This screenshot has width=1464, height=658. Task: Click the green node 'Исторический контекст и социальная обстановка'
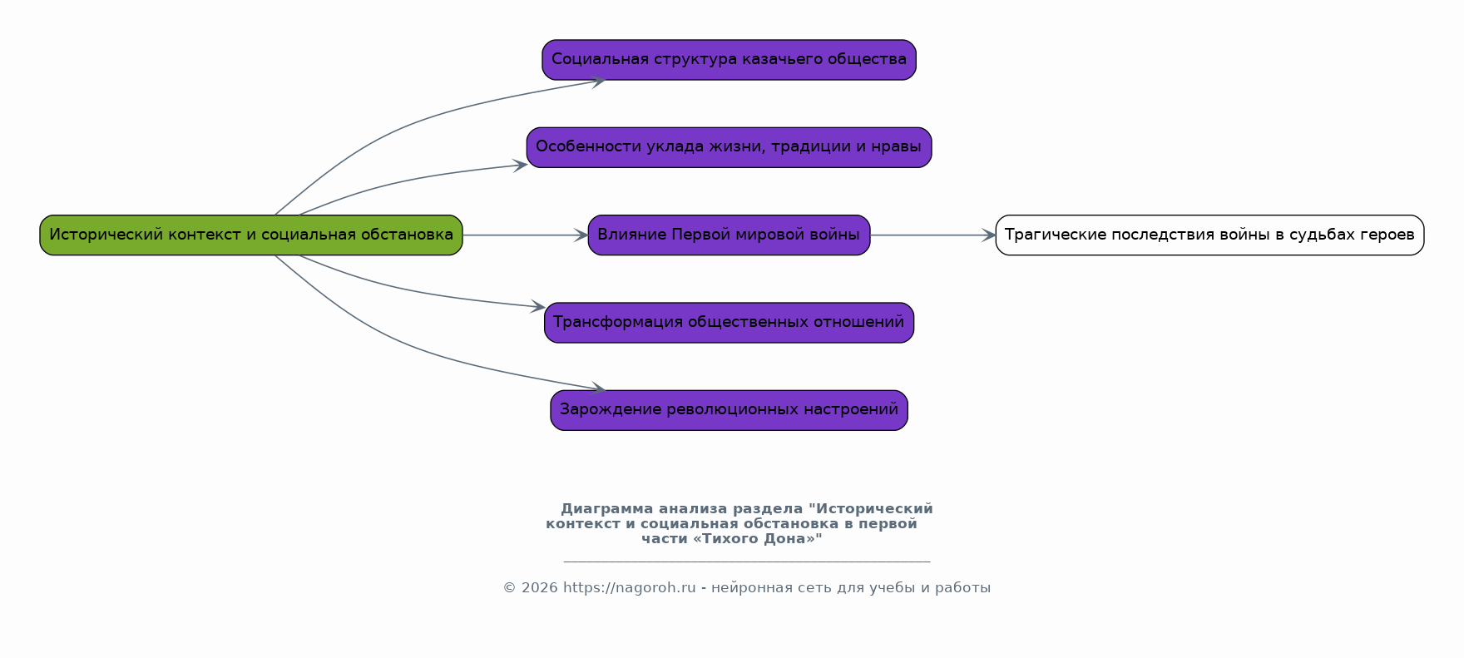250,235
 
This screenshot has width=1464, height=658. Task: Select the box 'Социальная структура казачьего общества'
729,60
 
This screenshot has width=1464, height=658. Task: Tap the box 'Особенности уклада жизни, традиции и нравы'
729,147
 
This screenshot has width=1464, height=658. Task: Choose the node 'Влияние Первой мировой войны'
729,235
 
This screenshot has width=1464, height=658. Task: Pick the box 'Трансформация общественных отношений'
729,323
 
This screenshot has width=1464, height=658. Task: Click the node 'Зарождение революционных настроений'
729,410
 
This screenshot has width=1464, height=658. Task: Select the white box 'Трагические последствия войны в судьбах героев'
1209,235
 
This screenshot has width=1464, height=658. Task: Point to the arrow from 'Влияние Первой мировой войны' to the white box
932,235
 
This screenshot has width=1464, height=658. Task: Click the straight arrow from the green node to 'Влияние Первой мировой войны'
524,235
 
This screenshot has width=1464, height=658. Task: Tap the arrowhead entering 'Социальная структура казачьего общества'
598,81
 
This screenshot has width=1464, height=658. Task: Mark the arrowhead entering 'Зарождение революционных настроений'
598,388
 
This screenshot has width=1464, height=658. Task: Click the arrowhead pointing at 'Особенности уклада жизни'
521,165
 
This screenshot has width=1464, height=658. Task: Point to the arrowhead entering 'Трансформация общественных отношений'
538,307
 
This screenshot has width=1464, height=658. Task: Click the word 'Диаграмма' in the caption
606,509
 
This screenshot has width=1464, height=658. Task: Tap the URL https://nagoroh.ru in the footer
629,588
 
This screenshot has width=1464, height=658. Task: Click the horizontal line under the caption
746,562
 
